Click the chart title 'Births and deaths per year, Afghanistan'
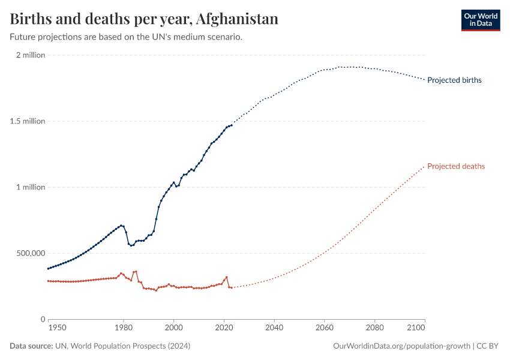(x=144, y=19)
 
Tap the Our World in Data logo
(x=480, y=20)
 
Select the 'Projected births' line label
(x=454, y=80)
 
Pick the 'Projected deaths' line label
(x=456, y=166)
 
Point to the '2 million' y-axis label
(x=31, y=55)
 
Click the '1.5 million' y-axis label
(x=28, y=121)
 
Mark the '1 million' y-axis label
(x=31, y=187)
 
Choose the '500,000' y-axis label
(x=29, y=253)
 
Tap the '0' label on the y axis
(x=43, y=319)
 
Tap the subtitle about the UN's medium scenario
(x=126, y=37)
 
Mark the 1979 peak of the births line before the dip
(x=121, y=226)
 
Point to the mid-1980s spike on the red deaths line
(x=136, y=271)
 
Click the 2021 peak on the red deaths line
(x=226, y=277)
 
